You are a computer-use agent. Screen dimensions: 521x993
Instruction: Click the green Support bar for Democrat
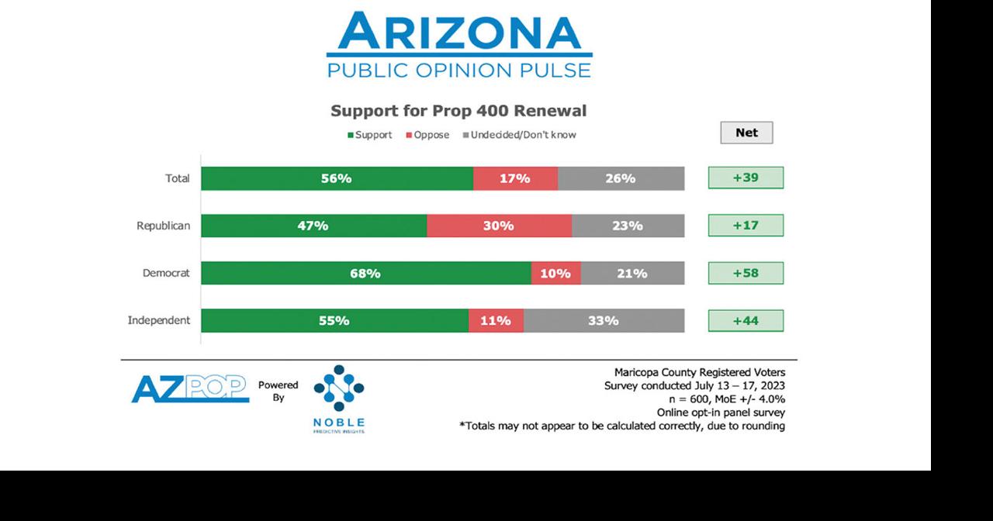(x=365, y=273)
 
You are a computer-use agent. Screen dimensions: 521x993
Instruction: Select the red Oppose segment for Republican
(x=499, y=226)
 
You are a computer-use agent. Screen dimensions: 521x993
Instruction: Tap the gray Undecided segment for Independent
(x=604, y=320)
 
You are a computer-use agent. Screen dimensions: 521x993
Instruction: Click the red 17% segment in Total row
(x=515, y=178)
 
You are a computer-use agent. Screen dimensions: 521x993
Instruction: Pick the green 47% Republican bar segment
(x=313, y=226)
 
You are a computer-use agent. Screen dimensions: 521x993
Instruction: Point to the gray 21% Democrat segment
(x=632, y=273)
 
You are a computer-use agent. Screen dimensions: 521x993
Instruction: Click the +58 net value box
(x=746, y=273)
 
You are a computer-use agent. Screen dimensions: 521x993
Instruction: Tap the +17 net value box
(x=746, y=226)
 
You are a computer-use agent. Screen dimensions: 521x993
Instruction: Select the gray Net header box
(x=746, y=133)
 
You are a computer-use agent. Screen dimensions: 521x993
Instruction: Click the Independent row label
(x=158, y=320)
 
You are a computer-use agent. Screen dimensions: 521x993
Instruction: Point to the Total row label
(x=177, y=178)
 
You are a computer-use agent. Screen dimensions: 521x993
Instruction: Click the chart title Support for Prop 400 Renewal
(x=458, y=110)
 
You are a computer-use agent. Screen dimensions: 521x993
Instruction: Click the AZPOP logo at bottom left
(x=189, y=388)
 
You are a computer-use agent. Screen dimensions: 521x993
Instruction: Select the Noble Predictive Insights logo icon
(x=338, y=388)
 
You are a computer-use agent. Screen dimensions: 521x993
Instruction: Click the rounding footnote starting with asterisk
(x=621, y=426)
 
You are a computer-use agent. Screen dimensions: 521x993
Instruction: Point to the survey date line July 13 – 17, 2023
(x=694, y=385)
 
